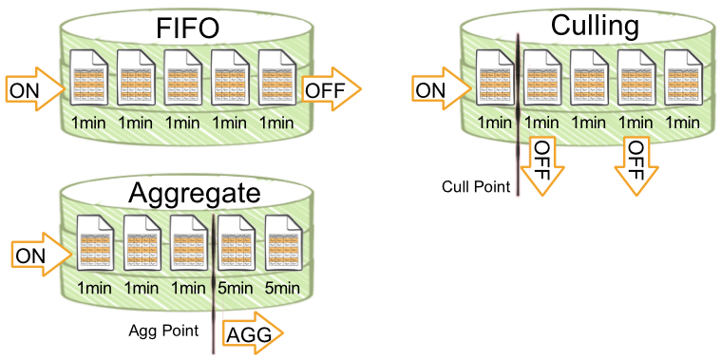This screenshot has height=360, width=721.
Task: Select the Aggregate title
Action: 195,194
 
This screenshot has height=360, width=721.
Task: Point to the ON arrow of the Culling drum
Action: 441,89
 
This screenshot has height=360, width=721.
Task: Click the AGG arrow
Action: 252,334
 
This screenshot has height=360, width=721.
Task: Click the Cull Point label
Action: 476,185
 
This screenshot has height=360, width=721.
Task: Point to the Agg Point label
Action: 163,331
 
